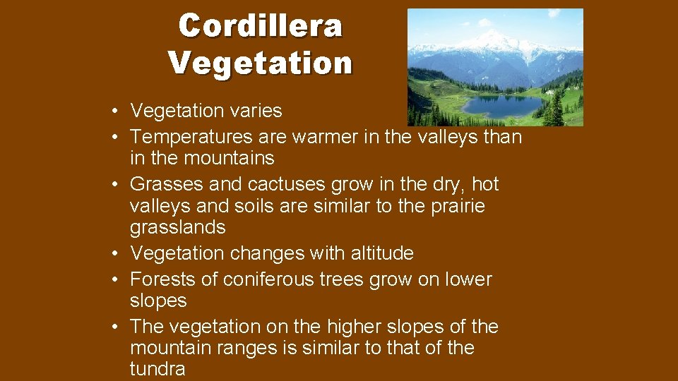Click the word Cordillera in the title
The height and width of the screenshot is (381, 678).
260,26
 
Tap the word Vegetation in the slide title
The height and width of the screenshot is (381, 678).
260,62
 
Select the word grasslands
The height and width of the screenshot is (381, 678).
177,227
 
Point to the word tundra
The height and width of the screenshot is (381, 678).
157,369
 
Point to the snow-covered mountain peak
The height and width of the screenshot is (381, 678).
487,37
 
